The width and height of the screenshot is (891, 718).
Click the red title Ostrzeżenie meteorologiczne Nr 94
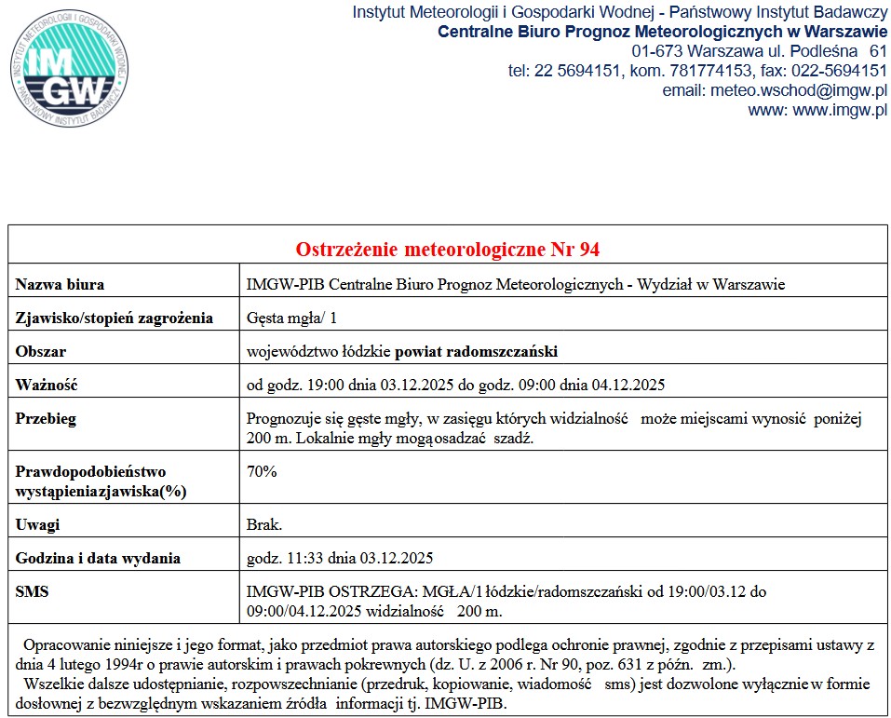[x=448, y=250]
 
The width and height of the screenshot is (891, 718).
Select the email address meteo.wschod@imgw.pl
[x=798, y=91]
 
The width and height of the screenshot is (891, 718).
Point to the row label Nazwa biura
[x=60, y=284]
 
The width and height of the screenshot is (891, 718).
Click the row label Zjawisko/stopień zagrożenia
[x=115, y=318]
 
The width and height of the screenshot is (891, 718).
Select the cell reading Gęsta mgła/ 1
[x=291, y=318]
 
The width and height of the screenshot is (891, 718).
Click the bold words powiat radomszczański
[x=476, y=351]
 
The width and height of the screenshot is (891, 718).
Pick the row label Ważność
[x=47, y=385]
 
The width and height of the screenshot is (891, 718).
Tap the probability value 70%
[x=262, y=470]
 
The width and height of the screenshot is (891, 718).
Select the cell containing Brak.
[x=264, y=524]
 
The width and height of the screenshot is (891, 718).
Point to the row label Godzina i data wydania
[x=98, y=559]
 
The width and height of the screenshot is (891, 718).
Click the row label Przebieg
[x=46, y=418]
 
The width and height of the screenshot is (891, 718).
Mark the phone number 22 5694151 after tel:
[x=577, y=71]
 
